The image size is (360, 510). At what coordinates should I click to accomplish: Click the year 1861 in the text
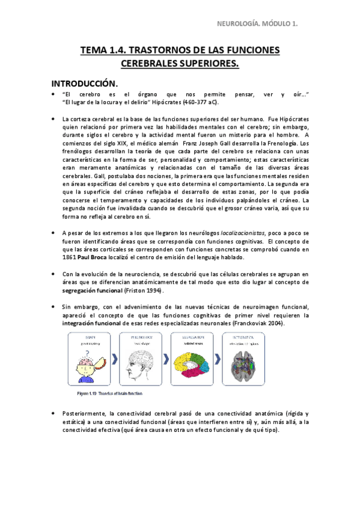click(69, 257)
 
